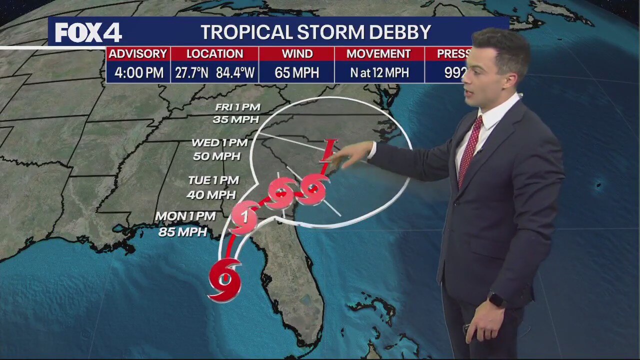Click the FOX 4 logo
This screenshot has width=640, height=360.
(88, 33)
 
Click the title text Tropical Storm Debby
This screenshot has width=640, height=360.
(315, 32)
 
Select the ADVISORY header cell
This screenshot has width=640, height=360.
(138, 54)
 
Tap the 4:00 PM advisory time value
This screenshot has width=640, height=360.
(138, 73)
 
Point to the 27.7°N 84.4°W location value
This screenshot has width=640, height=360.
(215, 73)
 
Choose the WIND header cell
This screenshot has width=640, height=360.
(297, 54)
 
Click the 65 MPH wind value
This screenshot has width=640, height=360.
(297, 73)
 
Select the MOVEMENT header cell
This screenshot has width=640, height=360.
(378, 54)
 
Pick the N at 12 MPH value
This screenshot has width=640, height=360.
(379, 73)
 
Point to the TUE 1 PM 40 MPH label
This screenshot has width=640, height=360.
(213, 187)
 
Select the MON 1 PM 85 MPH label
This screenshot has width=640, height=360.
(185, 223)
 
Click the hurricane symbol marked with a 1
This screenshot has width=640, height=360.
(245, 216)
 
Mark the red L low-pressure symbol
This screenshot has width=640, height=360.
(328, 150)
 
